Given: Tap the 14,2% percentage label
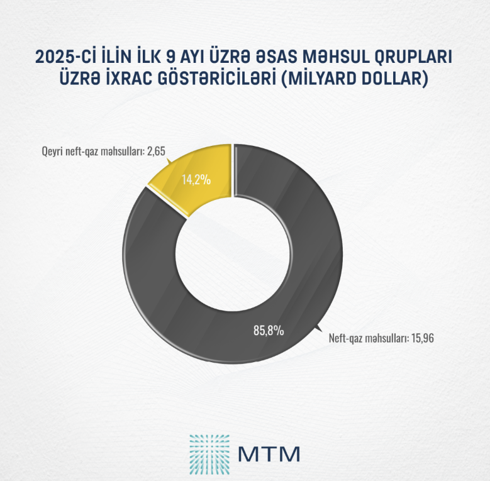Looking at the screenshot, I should click(x=196, y=180).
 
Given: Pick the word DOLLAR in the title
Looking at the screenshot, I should click(x=394, y=80).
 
